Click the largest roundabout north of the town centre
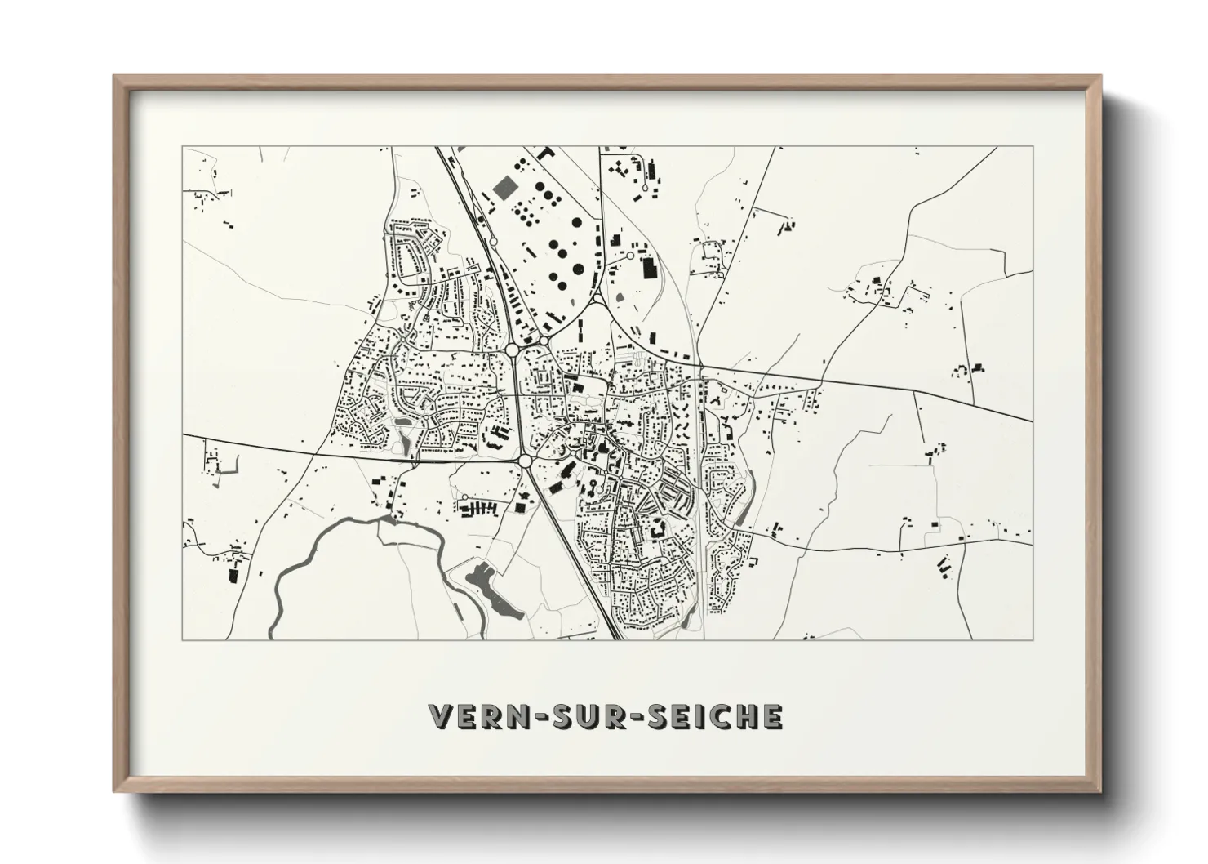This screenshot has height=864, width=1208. click(513, 350)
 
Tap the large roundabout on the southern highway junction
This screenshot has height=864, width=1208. click(523, 462)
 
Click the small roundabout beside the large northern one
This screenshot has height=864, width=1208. click(544, 341)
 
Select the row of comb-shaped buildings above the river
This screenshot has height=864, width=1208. click(478, 509)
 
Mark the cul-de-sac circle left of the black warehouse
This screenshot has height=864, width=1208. click(629, 256)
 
